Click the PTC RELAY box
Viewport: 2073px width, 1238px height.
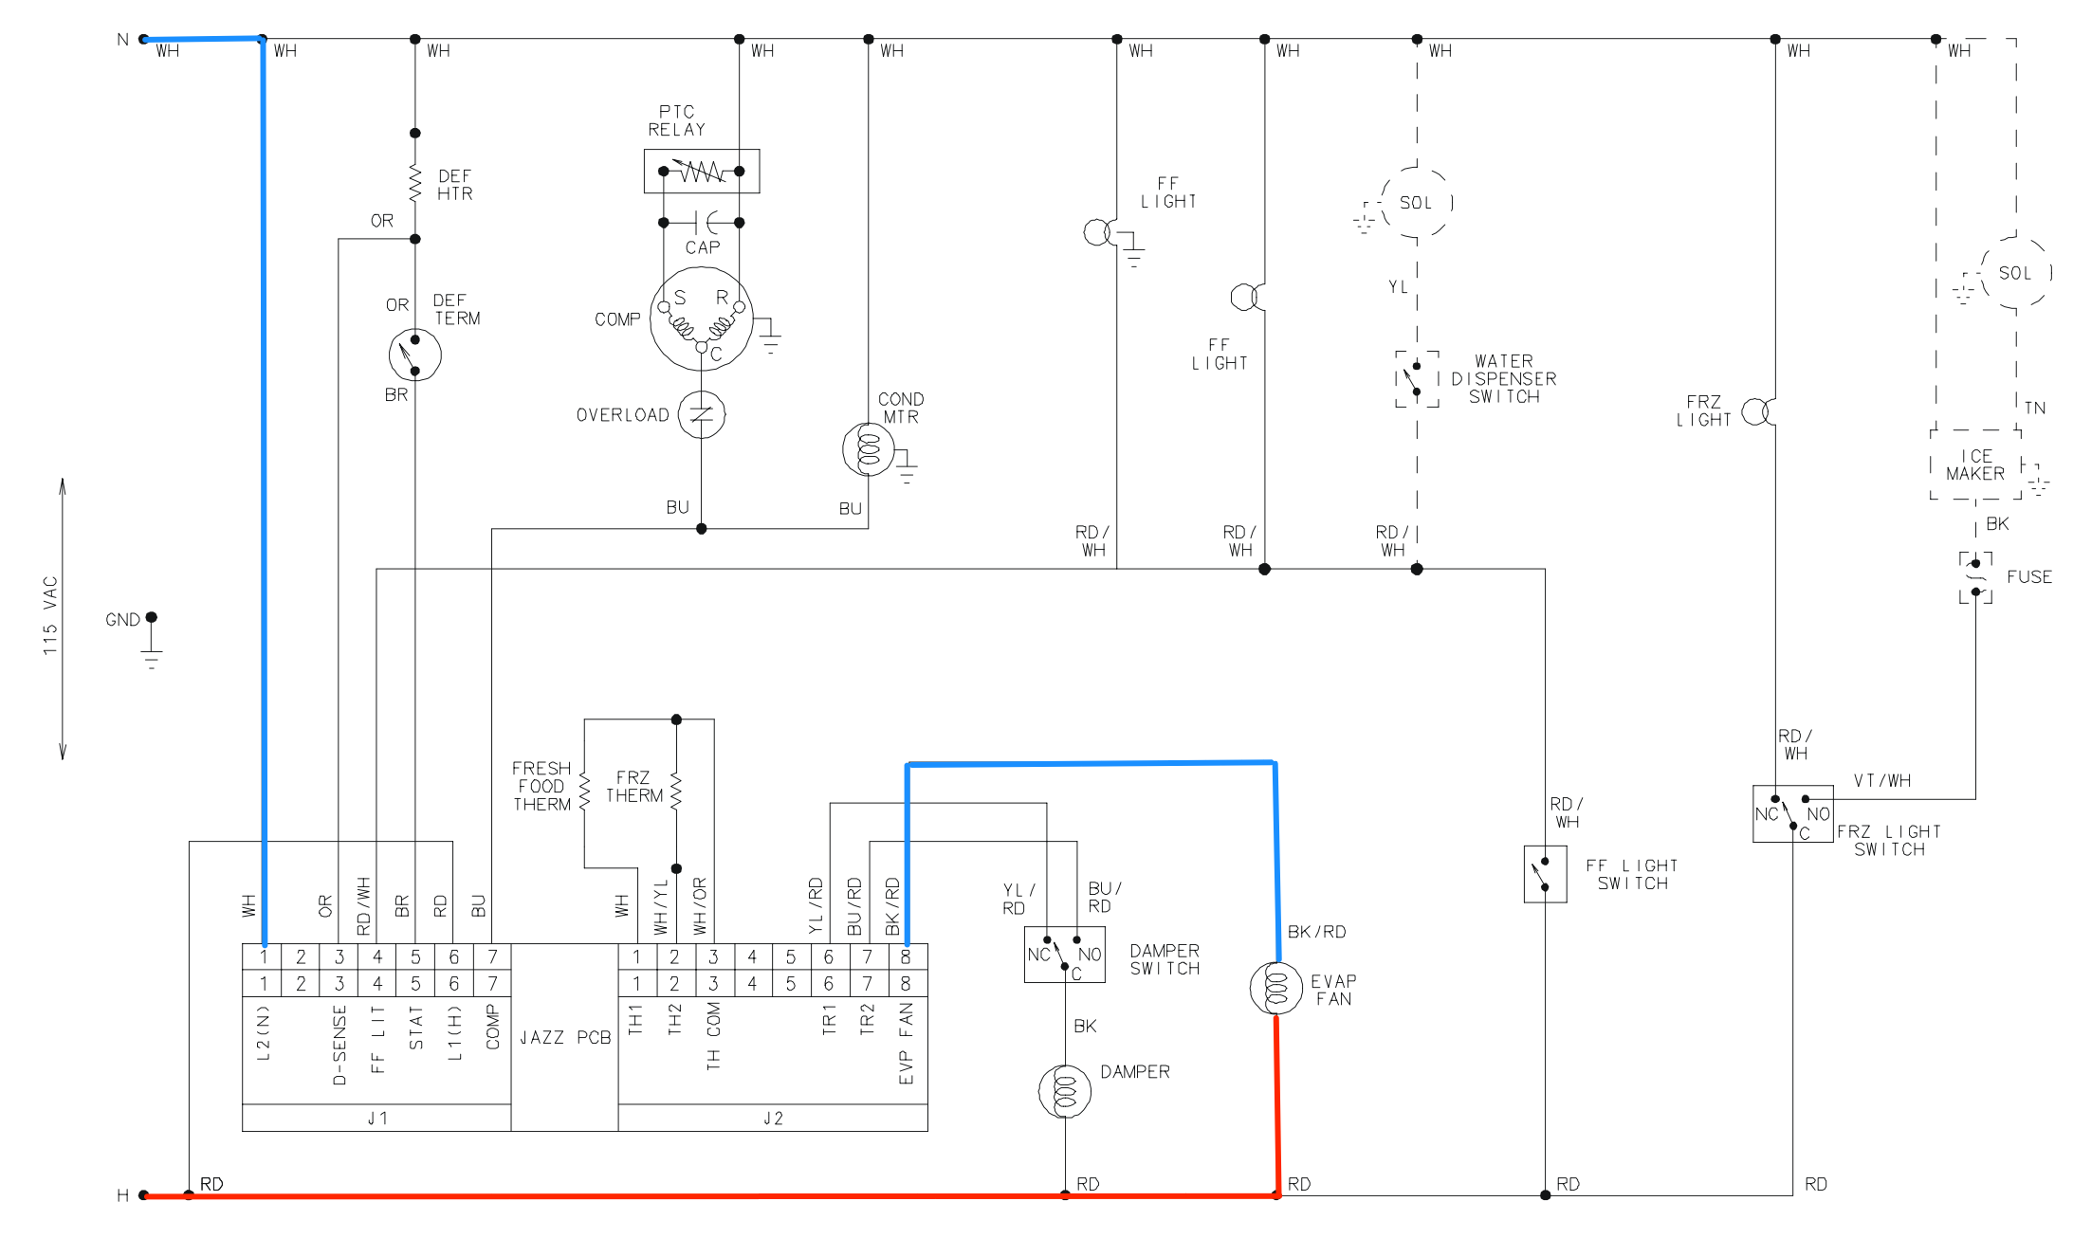pyautogui.click(x=701, y=171)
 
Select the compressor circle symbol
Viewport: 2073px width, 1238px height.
pyautogui.click(x=701, y=319)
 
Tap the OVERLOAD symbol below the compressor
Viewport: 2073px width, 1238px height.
pyautogui.click(x=701, y=414)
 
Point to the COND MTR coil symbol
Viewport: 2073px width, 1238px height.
pyautogui.click(x=868, y=449)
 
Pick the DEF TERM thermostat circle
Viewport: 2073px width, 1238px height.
pyautogui.click(x=414, y=355)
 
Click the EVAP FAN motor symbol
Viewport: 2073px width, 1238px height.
pyautogui.click(x=1275, y=988)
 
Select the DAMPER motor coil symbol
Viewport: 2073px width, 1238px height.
pyautogui.click(x=1064, y=1091)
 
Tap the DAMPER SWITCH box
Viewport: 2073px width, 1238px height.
pyautogui.click(x=1064, y=954)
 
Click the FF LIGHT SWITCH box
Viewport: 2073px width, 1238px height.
pyautogui.click(x=1545, y=874)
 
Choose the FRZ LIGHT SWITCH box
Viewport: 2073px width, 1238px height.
pyautogui.click(x=1791, y=813)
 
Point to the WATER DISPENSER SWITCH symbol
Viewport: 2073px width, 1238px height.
pyautogui.click(x=1416, y=378)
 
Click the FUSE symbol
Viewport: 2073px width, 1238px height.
pyautogui.click(x=1975, y=577)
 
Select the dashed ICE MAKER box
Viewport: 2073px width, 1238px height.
pyautogui.click(x=1975, y=464)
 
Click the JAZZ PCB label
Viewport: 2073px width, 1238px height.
pyautogui.click(x=565, y=1037)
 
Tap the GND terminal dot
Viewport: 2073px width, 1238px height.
pyautogui.click(x=151, y=617)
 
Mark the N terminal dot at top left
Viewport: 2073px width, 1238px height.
pyautogui.click(x=143, y=39)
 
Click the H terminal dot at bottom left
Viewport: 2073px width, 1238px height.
pyautogui.click(x=143, y=1195)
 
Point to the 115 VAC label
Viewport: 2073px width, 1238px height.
pyautogui.click(x=50, y=616)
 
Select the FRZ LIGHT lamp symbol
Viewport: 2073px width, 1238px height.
pyautogui.click(x=1756, y=411)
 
